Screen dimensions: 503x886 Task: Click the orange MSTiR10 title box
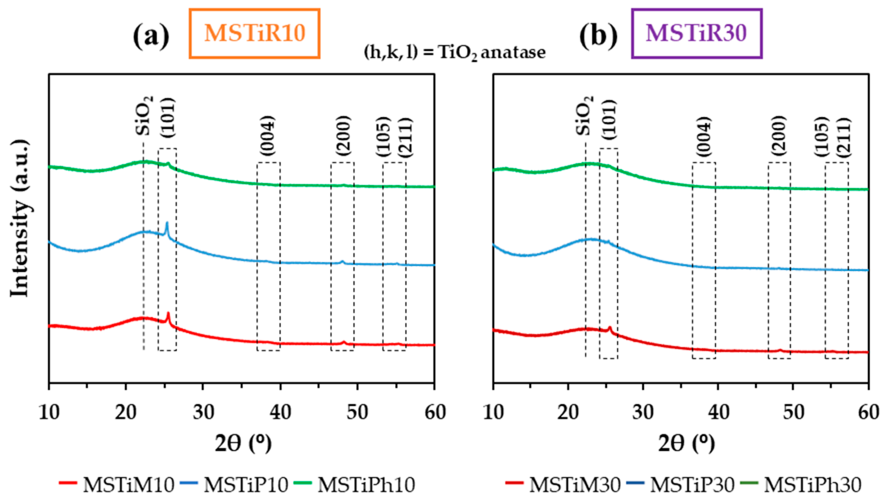255,33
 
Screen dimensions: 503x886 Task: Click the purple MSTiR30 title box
696,33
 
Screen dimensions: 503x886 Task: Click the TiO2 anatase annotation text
455,53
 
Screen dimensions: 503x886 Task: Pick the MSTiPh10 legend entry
355,485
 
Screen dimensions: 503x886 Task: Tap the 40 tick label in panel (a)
280,413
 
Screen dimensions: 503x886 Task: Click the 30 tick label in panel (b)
643,413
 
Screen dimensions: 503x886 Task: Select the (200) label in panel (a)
343,135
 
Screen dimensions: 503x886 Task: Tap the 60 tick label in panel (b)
868,413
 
